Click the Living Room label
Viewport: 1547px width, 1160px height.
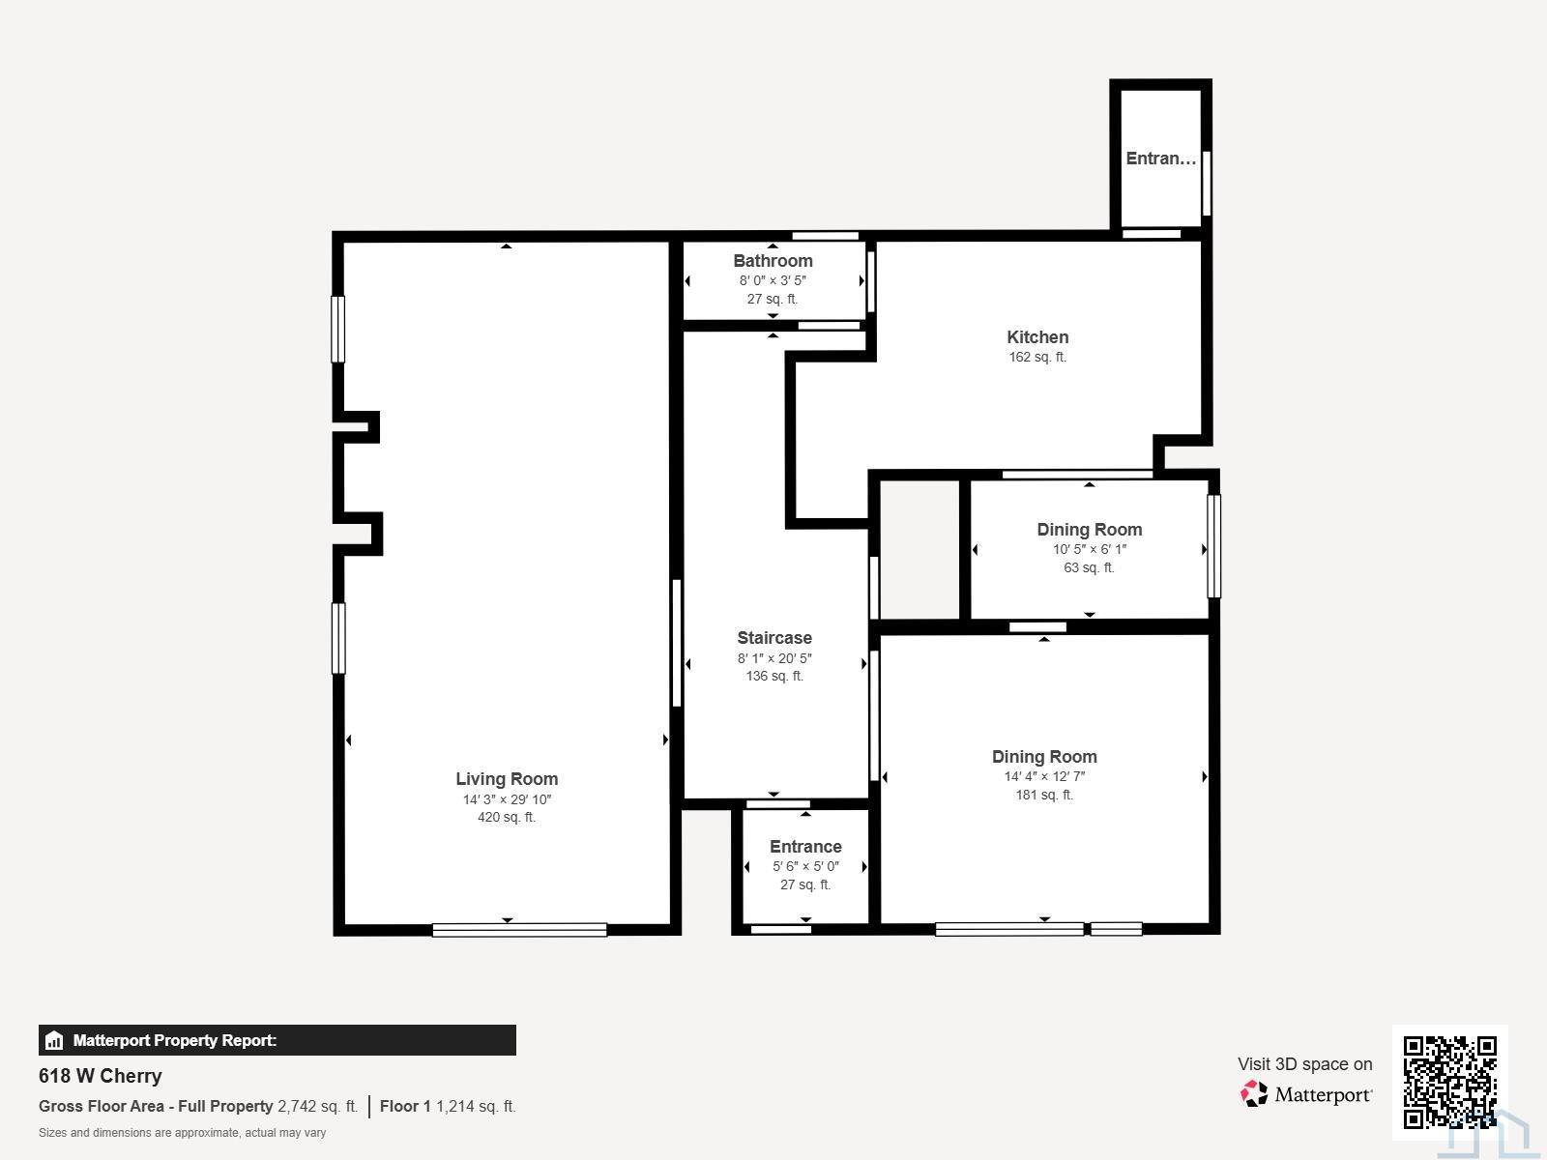coord(507,779)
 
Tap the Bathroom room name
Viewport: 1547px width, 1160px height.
coord(773,261)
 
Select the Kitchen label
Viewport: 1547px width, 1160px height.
coord(1037,337)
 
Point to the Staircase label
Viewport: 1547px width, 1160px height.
coord(774,637)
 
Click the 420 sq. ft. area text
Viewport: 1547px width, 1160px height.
coord(507,817)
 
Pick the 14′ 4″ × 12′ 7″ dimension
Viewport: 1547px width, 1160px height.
coord(1044,776)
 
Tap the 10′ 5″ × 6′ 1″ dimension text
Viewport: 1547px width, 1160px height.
coord(1090,549)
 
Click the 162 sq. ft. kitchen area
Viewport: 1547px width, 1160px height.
coord(1037,357)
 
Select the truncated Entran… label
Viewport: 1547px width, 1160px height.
coord(1161,159)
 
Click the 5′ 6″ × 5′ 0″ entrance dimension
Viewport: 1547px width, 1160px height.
coord(805,866)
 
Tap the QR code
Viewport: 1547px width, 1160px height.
coord(1449,1082)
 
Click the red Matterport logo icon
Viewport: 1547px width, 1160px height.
coord(1254,1094)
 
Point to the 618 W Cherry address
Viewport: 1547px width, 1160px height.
coord(101,1076)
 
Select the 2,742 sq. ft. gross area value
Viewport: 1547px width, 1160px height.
coord(318,1107)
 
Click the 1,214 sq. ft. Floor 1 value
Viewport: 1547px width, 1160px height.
coord(476,1107)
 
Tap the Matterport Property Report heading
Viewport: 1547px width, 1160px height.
coord(175,1040)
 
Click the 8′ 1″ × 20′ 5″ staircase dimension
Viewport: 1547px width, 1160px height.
coord(774,658)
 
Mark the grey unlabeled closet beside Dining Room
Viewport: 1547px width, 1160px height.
coord(919,550)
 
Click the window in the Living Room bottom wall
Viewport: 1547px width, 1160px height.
coord(519,930)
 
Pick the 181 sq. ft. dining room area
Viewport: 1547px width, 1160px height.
coord(1044,796)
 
